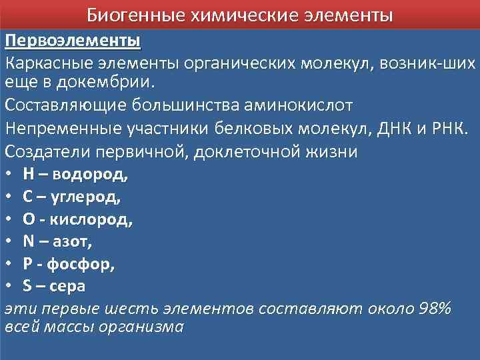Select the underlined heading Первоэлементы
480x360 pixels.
tap(73, 41)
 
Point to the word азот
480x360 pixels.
tap(74, 242)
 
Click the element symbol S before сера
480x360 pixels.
tap(27, 286)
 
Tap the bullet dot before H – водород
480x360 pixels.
tap(9, 175)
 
